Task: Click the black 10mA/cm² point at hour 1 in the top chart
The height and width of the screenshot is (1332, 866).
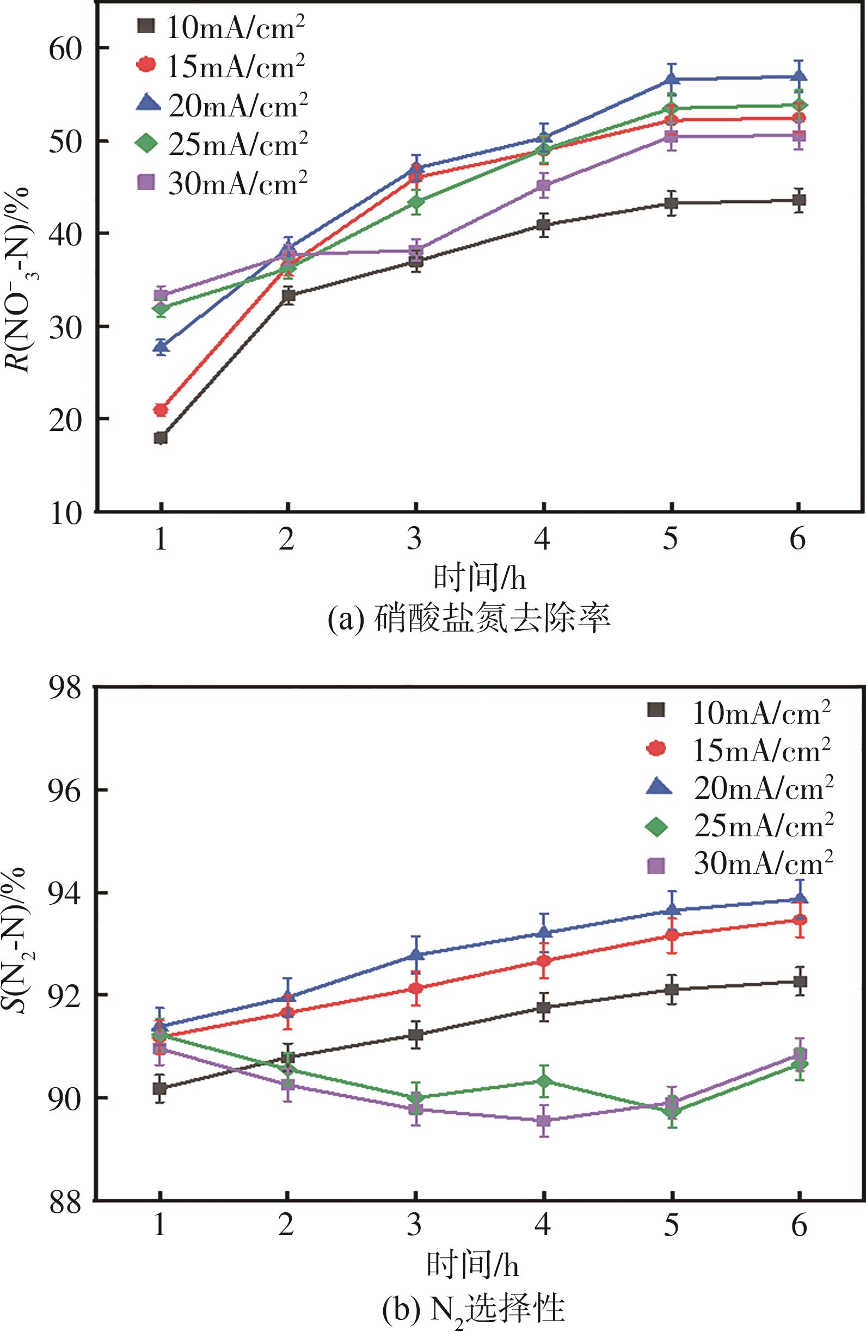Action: coord(161,437)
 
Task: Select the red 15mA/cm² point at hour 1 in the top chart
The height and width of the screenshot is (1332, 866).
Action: coord(161,410)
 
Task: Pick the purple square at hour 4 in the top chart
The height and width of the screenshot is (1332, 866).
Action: coord(544,185)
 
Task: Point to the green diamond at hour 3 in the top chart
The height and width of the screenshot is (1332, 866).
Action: coord(415,201)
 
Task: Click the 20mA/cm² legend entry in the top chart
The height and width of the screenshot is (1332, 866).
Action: coord(221,104)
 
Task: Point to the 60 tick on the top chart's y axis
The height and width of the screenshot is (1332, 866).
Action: coord(66,48)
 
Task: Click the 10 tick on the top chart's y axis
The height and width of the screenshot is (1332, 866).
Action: coord(66,512)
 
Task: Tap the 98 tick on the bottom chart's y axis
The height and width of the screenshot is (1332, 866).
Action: coord(66,687)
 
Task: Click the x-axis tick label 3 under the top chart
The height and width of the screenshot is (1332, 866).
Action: coord(414,540)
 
